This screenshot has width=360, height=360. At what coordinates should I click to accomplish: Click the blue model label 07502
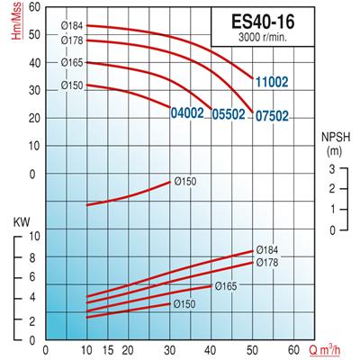coord(271,115)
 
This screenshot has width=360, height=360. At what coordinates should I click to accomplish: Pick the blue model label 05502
coord(229,115)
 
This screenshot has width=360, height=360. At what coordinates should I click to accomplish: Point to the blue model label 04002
coord(186,114)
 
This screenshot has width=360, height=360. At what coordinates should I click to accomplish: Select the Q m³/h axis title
coord(330,351)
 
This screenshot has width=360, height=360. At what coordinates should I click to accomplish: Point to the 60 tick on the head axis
coord(35,7)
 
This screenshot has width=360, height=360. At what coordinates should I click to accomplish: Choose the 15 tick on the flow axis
coord(107,351)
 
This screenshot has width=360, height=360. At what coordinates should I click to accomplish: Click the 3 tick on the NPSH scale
coord(332,169)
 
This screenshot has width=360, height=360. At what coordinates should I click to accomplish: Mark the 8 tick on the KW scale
coord(34,257)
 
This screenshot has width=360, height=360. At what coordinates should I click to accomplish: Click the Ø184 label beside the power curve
coord(266,249)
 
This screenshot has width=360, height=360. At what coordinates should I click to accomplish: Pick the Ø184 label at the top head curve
coord(72,24)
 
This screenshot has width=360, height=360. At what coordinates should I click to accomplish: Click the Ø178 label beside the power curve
coord(266,263)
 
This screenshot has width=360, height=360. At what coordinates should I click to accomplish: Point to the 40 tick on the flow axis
coord(211,351)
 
